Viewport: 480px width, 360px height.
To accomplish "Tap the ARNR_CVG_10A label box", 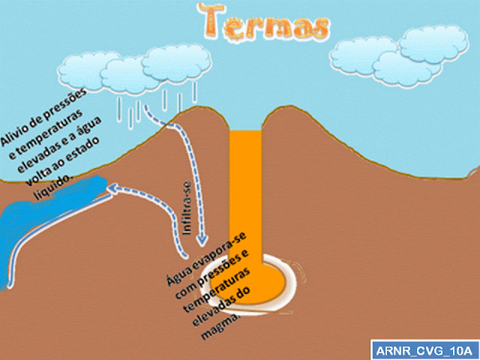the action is coord(425,350).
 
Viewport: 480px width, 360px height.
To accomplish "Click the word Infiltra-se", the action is coord(187,208).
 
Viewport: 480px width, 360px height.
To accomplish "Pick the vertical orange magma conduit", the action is coord(245,196).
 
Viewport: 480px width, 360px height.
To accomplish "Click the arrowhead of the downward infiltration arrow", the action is coord(202,240).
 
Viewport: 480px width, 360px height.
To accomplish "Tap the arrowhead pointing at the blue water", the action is coord(112,188).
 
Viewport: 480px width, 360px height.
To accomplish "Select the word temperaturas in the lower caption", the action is coord(218,289).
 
